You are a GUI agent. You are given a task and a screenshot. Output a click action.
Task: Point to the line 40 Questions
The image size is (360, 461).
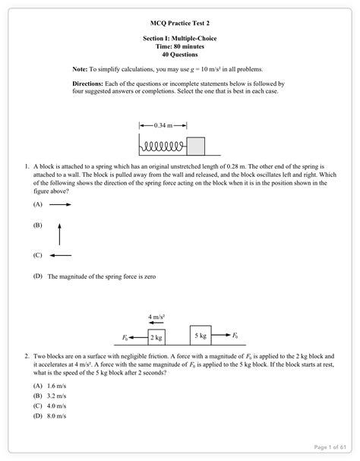(x=179, y=55)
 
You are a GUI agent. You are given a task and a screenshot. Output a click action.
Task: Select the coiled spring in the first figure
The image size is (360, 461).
(x=163, y=144)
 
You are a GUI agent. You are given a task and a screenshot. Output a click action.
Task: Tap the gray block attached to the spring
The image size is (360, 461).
(x=196, y=144)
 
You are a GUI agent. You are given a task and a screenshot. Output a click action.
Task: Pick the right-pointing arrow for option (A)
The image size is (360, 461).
(x=61, y=205)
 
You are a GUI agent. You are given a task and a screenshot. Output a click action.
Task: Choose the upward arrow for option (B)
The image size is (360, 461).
(x=59, y=231)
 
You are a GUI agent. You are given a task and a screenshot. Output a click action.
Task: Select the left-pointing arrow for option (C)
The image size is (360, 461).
(x=61, y=256)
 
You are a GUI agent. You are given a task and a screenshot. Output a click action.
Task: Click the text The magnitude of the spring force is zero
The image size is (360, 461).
(x=101, y=277)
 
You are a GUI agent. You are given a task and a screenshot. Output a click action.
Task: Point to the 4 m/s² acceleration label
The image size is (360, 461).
(x=157, y=316)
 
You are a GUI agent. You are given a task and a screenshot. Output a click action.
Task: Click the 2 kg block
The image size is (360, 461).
(x=156, y=336)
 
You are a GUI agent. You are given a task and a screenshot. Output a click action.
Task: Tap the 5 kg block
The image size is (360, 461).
(x=201, y=334)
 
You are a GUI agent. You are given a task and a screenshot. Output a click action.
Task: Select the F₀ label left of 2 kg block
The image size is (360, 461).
(x=125, y=336)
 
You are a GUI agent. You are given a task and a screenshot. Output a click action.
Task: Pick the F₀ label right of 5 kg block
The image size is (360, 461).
(x=235, y=334)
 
